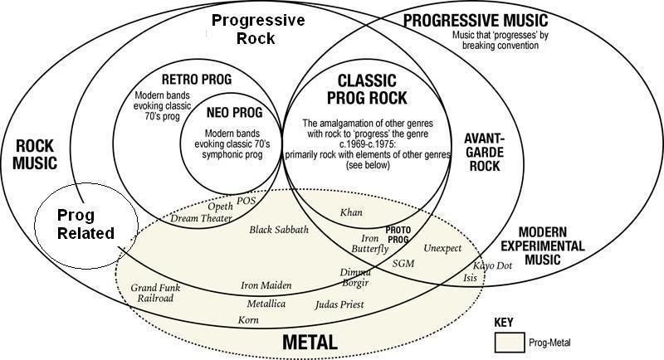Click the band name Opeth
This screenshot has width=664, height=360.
220,206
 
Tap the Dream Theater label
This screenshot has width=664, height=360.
203,218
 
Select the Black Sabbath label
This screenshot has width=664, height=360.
279,229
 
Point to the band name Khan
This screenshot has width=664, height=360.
351,213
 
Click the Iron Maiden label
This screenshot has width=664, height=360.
266,285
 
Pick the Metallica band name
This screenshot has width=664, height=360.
266,304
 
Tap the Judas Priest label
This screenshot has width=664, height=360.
339,304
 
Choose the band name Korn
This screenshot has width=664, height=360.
248,319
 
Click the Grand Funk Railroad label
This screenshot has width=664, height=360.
155,293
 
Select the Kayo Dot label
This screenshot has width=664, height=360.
492,265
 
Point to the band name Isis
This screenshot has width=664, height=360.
471,278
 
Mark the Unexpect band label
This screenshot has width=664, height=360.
442,248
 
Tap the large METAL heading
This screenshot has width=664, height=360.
310,341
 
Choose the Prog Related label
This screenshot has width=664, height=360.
85,224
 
